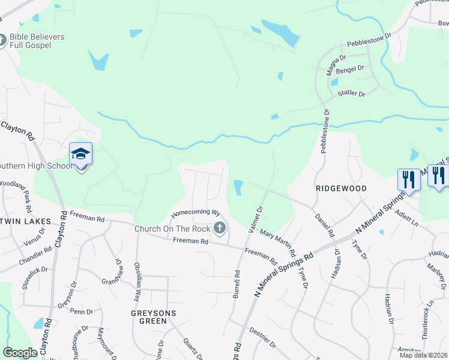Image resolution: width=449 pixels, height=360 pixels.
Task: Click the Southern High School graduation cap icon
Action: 80,154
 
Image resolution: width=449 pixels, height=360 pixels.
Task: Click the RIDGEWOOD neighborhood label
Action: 341,188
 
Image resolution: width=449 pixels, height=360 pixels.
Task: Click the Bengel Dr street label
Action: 351,70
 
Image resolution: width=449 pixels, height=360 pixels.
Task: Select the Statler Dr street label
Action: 351,94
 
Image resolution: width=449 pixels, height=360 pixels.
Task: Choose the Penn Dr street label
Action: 81,311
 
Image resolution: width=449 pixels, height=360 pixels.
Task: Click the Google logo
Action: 20,353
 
